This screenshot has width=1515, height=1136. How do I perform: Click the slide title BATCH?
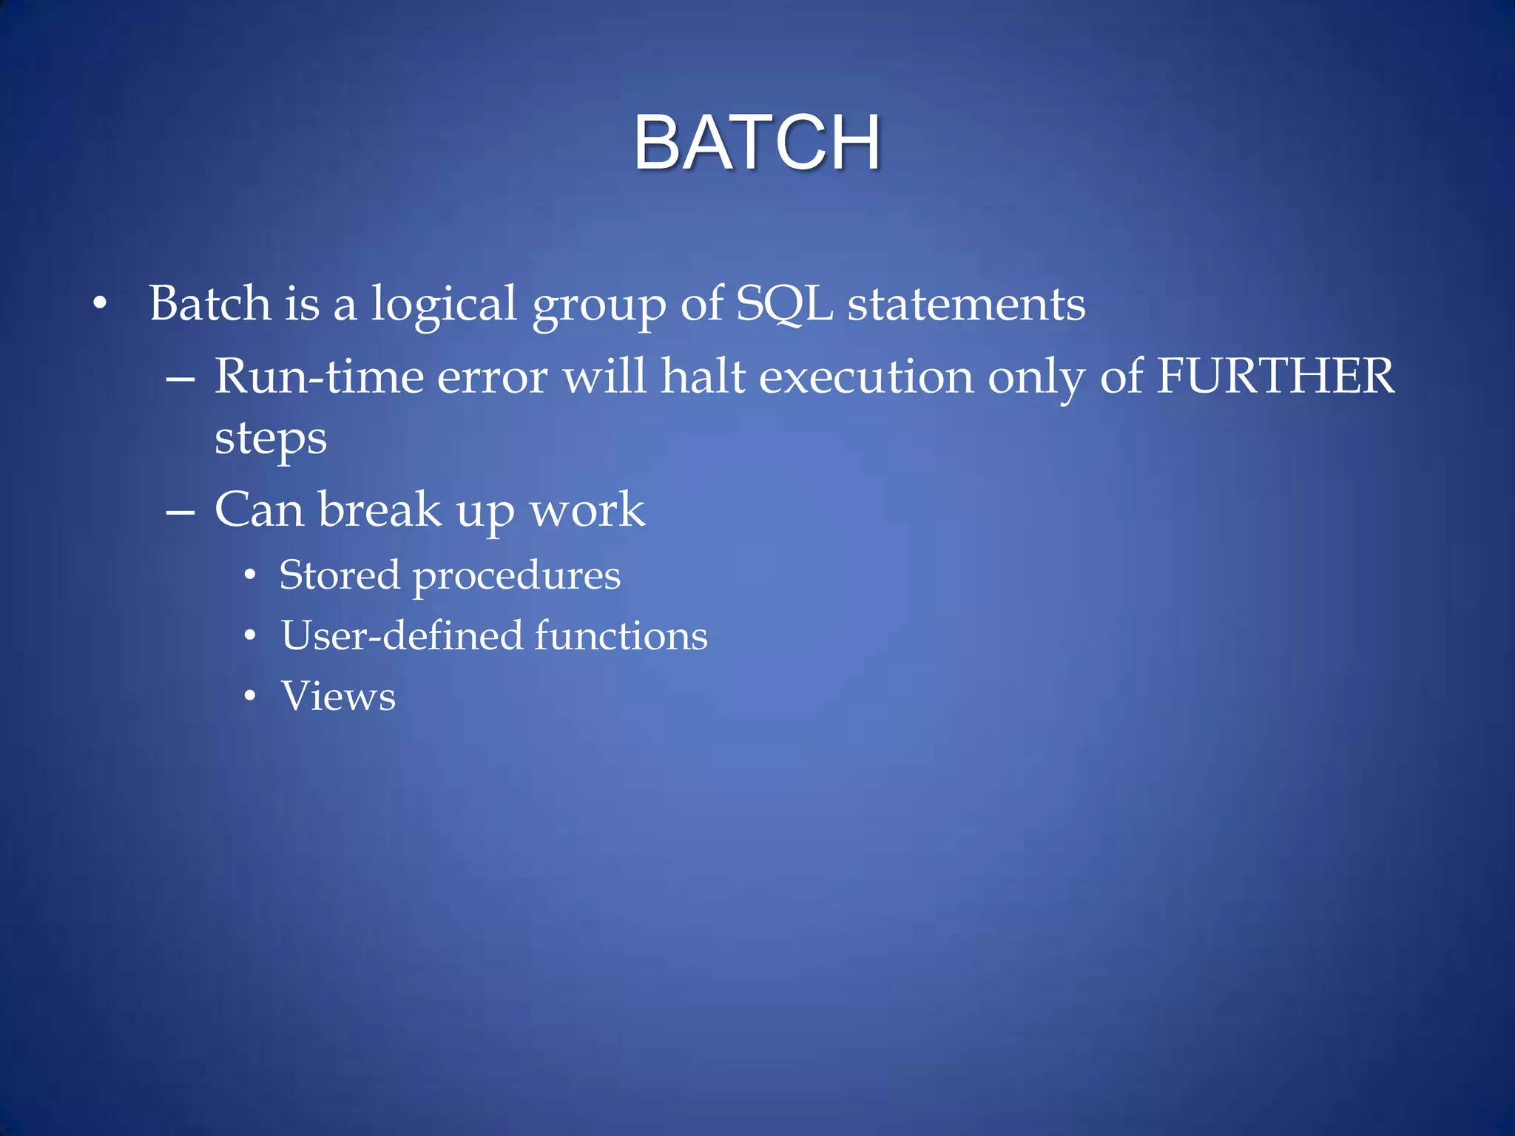pos(757,142)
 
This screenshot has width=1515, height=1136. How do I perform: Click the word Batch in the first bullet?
pos(209,303)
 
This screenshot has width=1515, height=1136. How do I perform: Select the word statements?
pos(966,305)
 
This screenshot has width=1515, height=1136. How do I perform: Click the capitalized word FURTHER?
pos(1275,376)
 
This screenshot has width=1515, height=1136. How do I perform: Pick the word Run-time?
pos(319,376)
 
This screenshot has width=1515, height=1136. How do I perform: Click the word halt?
pos(703,376)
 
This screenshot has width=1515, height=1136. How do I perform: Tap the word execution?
pos(866,376)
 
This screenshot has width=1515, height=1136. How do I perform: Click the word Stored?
pos(340,575)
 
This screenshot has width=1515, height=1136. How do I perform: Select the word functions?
pos(621,635)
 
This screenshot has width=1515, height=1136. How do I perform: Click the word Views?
pos(338,696)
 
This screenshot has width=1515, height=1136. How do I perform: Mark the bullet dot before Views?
pos(251,696)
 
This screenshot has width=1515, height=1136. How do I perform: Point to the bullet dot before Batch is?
pos(100,304)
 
